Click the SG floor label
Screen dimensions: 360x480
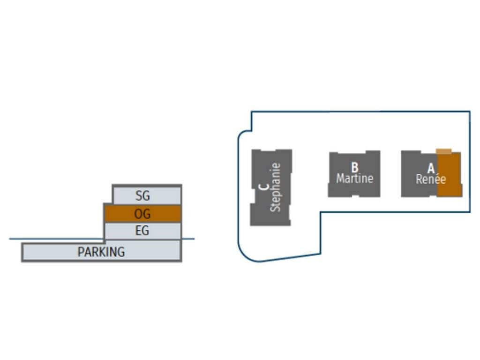click(x=142, y=195)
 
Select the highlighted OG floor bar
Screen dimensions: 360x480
click(x=142, y=214)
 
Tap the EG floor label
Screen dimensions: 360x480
click(x=142, y=231)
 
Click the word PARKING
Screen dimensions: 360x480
click(x=101, y=252)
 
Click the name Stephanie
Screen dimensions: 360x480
click(x=276, y=187)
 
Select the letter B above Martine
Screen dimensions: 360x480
click(x=355, y=167)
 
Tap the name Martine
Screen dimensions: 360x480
click(x=355, y=179)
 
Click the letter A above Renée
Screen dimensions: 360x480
click(x=431, y=169)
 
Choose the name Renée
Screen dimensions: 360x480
click(x=430, y=179)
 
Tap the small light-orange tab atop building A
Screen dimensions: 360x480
click(x=444, y=151)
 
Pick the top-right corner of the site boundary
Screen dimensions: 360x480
click(x=470, y=112)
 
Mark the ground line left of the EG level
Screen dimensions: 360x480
click(x=56, y=239)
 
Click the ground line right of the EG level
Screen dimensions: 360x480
click(x=188, y=239)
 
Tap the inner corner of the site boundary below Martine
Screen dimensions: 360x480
click(x=321, y=212)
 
